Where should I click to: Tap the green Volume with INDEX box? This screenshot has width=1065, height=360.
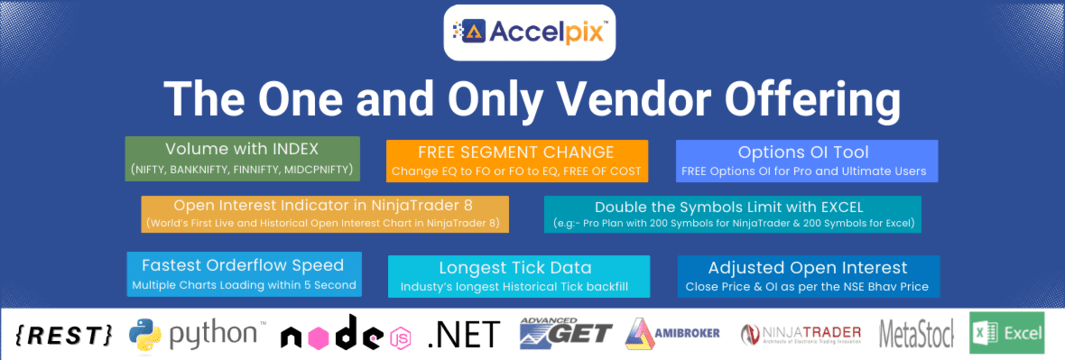(244, 158)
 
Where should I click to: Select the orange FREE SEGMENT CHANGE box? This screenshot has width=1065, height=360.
(517, 161)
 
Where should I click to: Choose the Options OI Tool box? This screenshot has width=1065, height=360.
(806, 161)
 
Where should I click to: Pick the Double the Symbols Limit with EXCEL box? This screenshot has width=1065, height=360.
(733, 213)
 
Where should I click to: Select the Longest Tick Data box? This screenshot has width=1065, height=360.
(518, 276)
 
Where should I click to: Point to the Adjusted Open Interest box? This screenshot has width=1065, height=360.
(808, 276)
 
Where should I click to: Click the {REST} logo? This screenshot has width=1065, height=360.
(64, 334)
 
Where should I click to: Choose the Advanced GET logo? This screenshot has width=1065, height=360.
(565, 334)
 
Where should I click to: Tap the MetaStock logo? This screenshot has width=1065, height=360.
(915, 334)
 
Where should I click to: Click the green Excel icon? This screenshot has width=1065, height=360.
(984, 334)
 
